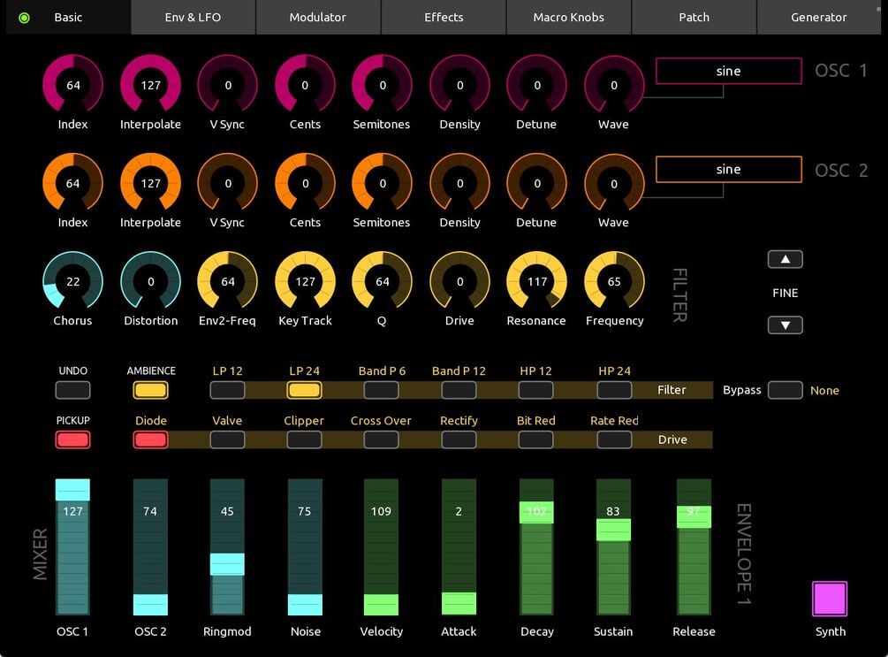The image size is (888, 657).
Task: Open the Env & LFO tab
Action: tap(194, 17)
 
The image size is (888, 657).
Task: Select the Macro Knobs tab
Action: tap(568, 17)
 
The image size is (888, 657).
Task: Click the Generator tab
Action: tap(818, 17)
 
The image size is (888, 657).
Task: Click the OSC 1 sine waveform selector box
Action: tap(728, 72)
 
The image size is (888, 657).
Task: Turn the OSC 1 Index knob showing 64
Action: tap(72, 86)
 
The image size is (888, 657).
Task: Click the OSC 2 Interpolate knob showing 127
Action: tap(150, 184)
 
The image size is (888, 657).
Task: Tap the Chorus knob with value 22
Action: tap(72, 282)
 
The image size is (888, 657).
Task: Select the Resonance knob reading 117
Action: tap(536, 282)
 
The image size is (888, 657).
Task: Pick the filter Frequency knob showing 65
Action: tap(614, 282)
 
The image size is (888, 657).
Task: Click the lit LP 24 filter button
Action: tap(304, 390)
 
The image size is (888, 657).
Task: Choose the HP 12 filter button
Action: tap(535, 390)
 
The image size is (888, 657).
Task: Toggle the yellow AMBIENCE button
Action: tap(150, 390)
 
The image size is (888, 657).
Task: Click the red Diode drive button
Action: tap(150, 439)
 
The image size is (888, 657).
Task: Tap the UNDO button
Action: tap(72, 390)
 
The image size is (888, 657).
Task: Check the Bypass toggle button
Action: tap(785, 390)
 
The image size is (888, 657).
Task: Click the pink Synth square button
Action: tap(830, 599)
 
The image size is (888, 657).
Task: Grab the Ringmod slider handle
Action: tap(227, 564)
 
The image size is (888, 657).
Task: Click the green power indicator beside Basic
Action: tap(24, 18)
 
